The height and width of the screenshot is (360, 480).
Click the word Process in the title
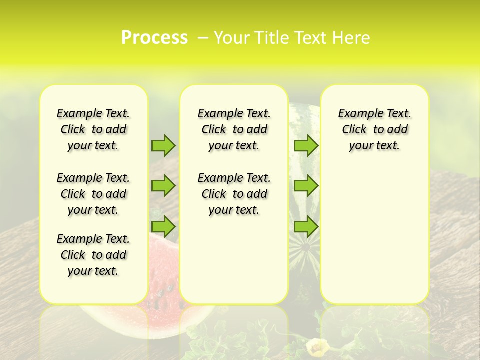pos(154,38)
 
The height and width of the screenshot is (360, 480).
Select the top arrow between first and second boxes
pos(163,145)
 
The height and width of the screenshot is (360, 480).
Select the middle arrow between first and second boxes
pos(163,186)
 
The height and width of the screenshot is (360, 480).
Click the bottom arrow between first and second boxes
pos(163,227)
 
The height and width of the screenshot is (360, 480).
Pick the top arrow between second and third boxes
pos(306,145)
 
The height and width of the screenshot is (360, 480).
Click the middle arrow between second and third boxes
pos(306,186)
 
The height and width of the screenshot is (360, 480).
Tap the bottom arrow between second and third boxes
pos(306,227)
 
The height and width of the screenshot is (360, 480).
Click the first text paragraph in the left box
pos(93,129)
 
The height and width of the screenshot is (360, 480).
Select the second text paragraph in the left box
pos(93,194)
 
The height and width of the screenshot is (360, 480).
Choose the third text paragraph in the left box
pos(93,255)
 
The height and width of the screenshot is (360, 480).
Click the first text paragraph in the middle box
pos(234,129)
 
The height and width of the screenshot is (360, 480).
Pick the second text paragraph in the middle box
pos(234,194)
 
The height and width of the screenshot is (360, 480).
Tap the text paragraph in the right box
pos(374,129)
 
